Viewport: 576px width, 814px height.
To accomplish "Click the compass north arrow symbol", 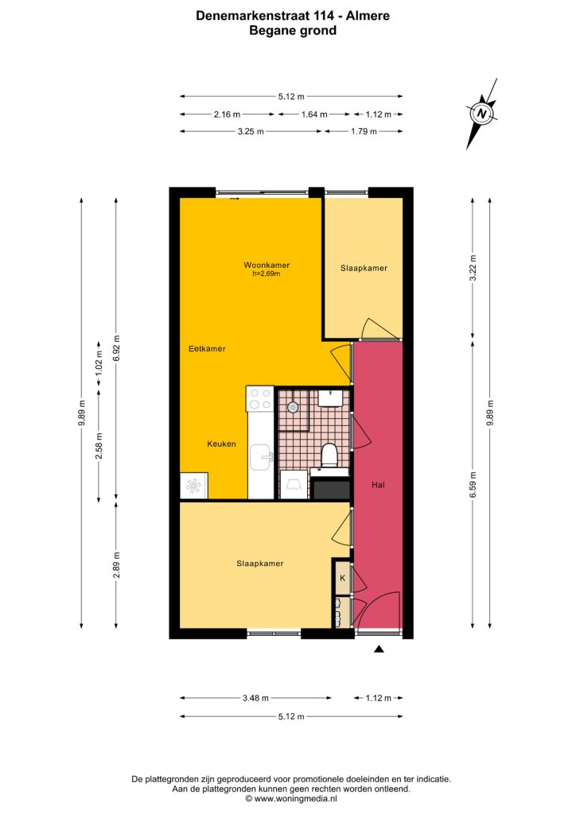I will coord(482,113).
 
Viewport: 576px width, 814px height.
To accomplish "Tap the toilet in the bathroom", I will coord(329,455).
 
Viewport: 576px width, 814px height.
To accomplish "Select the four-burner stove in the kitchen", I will coord(259,398).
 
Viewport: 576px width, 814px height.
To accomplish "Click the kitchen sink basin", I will coord(261,456).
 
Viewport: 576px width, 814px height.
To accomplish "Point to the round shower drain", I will coord(293,407).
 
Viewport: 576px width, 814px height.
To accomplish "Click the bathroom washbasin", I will coord(330,397).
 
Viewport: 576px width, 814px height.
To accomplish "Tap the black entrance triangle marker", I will coord(379,649).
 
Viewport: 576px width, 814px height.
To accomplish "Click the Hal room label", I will coord(379,484).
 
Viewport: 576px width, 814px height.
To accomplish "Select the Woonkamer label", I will coord(267,265).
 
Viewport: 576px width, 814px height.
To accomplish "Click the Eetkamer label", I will coord(207,348).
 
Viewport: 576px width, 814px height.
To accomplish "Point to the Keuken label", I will coord(222,444).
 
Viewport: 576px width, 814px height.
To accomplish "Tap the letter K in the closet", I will coord(342,578).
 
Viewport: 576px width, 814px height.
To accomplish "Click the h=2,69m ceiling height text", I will coord(267,273).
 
